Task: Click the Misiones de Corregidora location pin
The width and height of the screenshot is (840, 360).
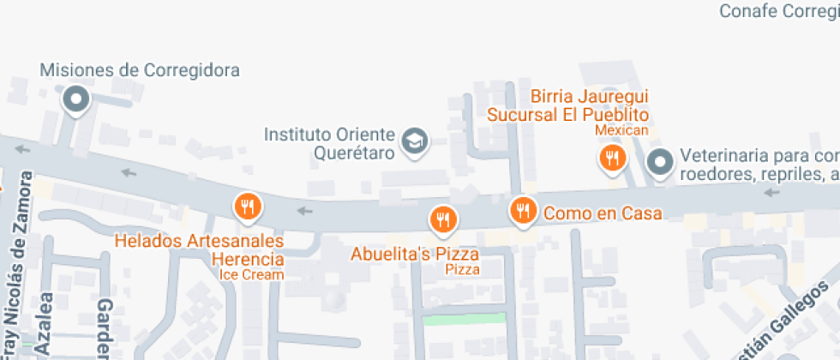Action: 76,100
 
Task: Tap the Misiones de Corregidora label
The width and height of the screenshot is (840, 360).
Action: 140,70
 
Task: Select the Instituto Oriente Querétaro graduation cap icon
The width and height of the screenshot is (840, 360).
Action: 417,141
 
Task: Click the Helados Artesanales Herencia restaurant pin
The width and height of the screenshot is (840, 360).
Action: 248,206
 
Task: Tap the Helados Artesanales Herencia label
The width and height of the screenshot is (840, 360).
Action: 200,250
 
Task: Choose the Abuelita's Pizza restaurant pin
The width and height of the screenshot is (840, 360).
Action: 443,219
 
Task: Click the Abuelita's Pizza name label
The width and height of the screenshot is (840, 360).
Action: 415,255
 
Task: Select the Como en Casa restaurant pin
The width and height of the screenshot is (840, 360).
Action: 522,209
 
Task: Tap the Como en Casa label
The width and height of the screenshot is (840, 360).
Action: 603,213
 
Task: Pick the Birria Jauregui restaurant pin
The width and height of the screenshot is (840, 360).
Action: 611,158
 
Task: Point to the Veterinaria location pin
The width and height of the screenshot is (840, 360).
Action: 659,160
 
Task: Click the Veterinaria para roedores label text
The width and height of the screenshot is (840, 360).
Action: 759,165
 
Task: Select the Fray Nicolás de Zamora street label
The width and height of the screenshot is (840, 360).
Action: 21,261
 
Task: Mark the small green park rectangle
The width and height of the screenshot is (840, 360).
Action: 465,320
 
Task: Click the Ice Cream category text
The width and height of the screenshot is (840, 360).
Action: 251,275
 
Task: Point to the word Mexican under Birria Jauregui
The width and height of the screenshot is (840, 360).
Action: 621,130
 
